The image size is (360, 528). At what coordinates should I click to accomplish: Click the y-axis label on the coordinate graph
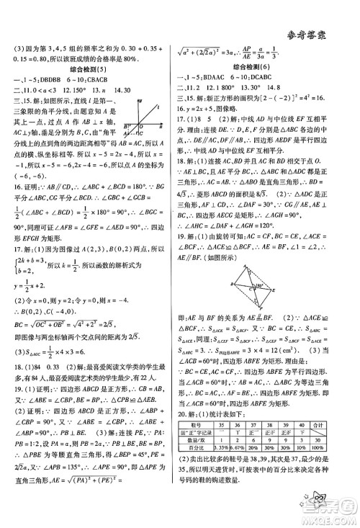pos(153,102)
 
